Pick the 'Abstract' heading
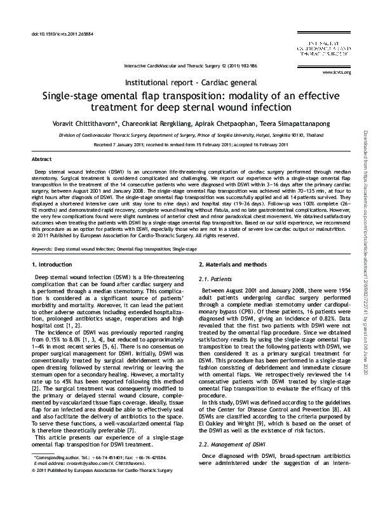[x=41, y=158]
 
